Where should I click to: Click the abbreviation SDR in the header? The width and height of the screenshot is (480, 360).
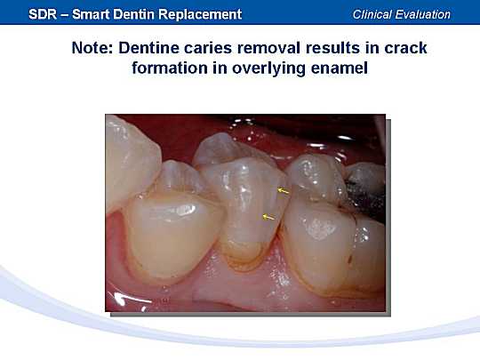43,14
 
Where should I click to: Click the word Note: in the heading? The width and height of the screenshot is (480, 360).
92,48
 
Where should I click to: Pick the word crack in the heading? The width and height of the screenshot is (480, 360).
405,48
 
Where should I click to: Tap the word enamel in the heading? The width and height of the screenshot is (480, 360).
340,68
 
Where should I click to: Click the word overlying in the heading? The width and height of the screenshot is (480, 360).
268,68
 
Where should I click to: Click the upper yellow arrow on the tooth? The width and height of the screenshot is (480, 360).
284,191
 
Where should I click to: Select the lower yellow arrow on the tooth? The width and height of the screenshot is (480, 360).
268,217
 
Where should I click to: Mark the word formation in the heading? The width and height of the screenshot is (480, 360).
170,68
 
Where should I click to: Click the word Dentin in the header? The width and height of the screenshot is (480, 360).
133,14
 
